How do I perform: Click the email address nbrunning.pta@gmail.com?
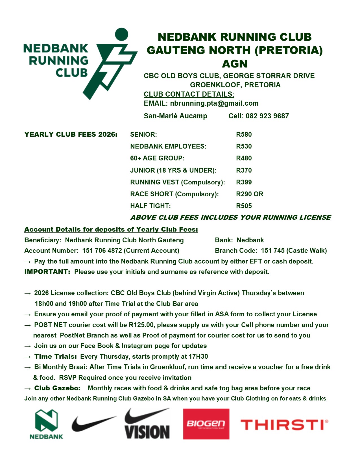[214, 103]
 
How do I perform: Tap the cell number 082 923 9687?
[267, 116]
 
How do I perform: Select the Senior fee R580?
[244, 134]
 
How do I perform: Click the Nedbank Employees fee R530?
[244, 146]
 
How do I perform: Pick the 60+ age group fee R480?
[244, 158]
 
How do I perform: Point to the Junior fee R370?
[244, 170]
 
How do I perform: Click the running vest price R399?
[244, 182]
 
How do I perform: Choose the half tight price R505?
[244, 206]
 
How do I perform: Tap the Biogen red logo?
[206, 424]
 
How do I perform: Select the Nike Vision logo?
[147, 424]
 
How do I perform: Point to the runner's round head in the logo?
[122, 34]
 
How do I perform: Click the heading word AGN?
[235, 64]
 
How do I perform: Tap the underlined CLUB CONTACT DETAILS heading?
[189, 94]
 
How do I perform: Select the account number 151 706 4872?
[102, 251]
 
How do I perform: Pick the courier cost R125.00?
[141, 325]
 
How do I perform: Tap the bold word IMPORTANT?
[47, 272]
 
